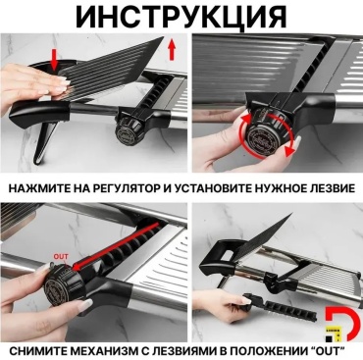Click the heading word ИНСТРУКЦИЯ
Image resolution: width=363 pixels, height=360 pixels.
181,16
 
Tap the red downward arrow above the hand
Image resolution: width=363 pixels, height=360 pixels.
54,60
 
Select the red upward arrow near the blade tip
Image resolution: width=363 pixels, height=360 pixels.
172,49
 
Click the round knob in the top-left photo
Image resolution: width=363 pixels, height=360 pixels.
128,130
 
